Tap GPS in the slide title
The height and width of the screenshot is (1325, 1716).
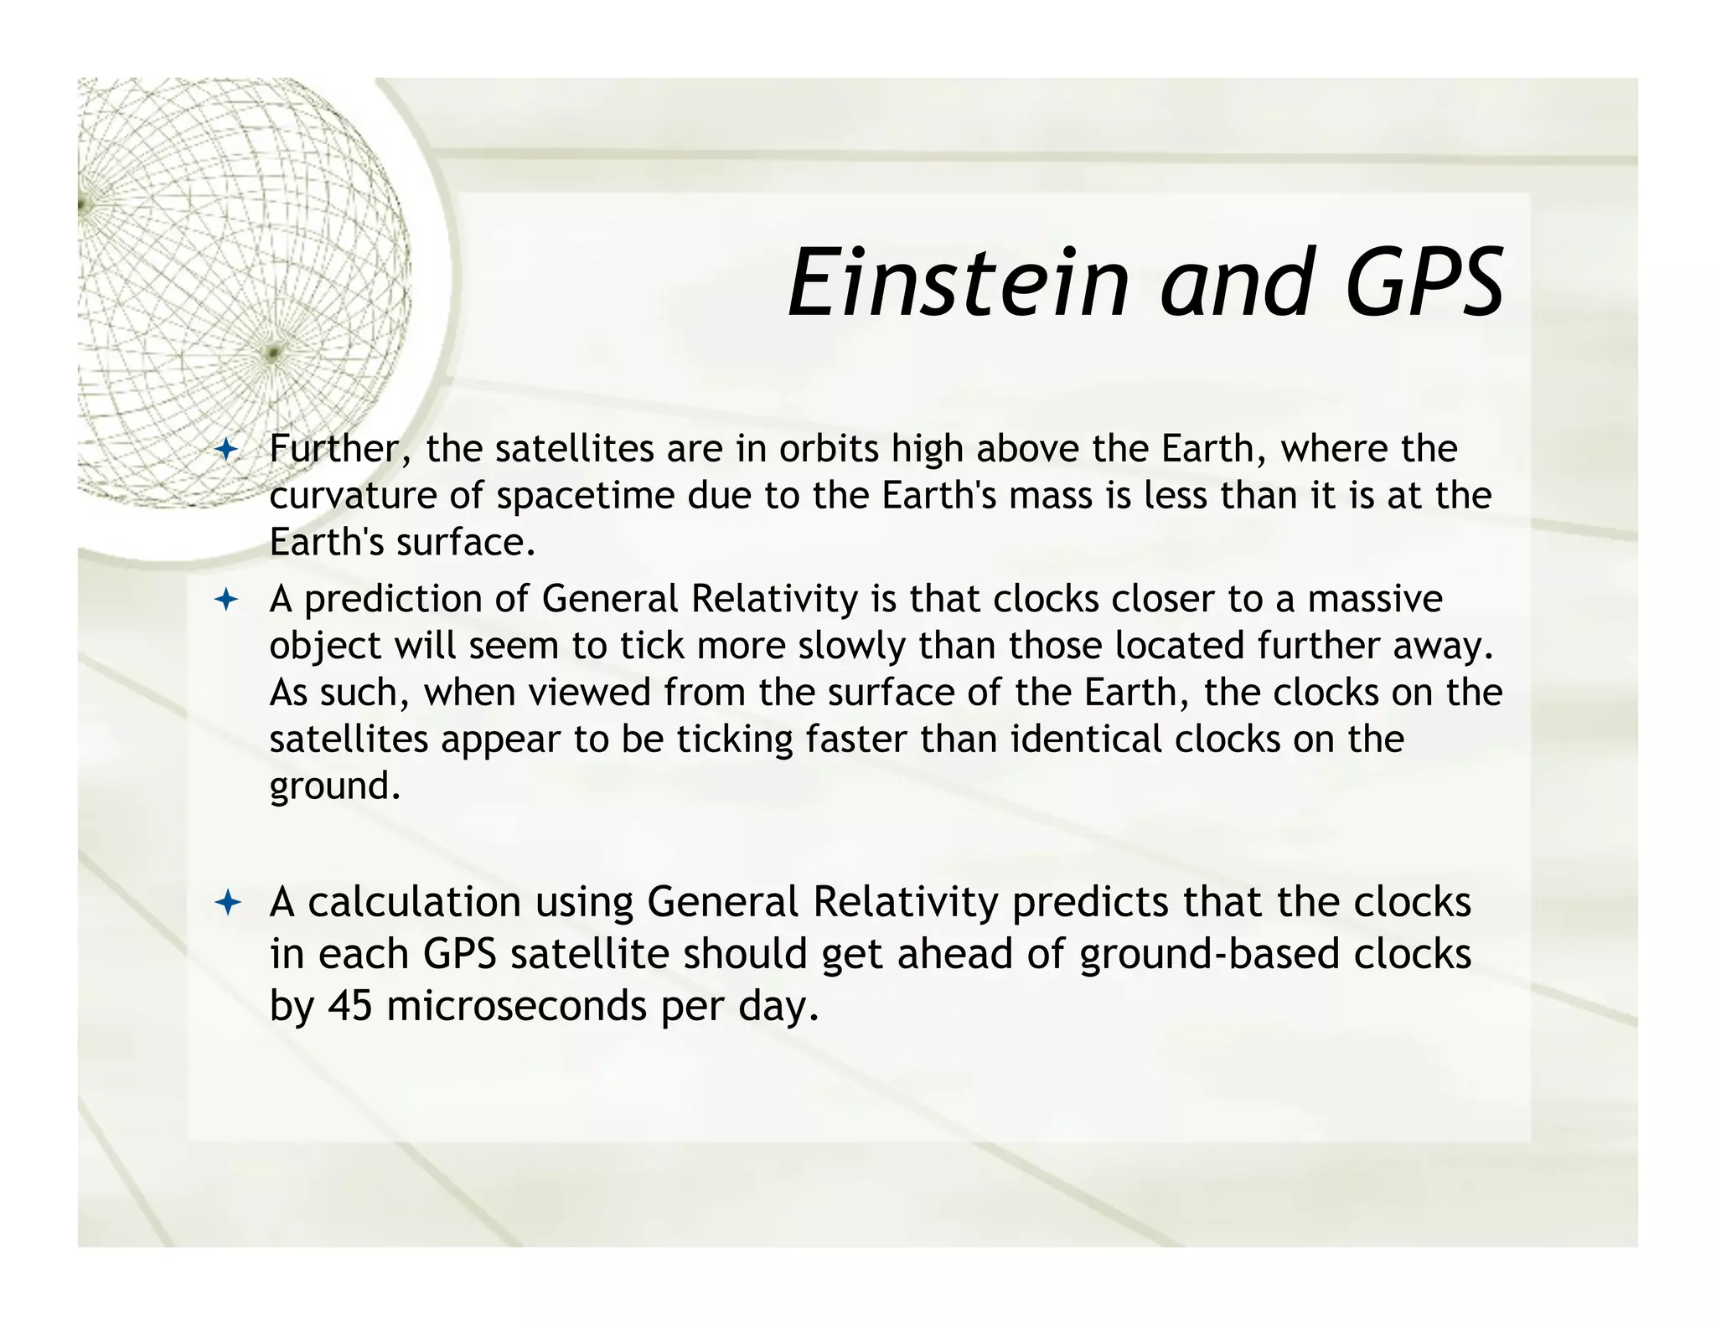pyautogui.click(x=1424, y=283)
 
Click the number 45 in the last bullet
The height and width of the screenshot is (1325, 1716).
pyautogui.click(x=349, y=1005)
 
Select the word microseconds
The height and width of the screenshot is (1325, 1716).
pyautogui.click(x=516, y=1005)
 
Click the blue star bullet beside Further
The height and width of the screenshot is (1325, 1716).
pyautogui.click(x=226, y=451)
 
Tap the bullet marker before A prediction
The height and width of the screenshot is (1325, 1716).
pyautogui.click(x=226, y=600)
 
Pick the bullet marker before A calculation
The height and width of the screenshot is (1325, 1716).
pyautogui.click(x=227, y=903)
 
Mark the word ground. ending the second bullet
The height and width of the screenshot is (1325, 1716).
pyautogui.click(x=334, y=787)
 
